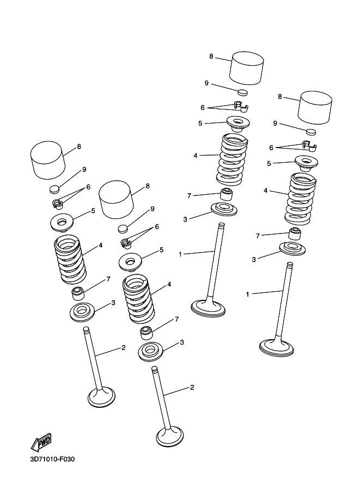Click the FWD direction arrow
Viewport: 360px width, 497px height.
click(41, 441)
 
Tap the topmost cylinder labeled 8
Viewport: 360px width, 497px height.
click(247, 68)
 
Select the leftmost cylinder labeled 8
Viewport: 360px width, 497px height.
click(48, 160)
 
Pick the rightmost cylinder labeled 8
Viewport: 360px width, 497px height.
click(315, 108)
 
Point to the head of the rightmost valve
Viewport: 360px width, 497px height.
click(276, 348)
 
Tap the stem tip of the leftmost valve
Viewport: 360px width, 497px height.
click(86, 330)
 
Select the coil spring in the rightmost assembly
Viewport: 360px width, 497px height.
click(300, 199)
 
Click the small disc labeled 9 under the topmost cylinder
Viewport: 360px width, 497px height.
click(243, 92)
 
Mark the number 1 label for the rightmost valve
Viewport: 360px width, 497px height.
click(247, 294)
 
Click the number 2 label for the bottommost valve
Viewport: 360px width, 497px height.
click(192, 387)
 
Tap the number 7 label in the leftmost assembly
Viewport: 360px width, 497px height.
click(108, 279)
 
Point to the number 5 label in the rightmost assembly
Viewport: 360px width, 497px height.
click(269, 163)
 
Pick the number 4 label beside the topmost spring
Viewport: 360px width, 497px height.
click(196, 156)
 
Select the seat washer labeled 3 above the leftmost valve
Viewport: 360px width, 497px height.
click(82, 312)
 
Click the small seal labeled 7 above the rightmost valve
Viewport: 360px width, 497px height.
click(295, 234)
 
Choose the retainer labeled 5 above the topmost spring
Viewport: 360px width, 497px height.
click(238, 124)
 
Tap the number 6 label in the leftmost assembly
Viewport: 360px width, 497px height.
click(88, 187)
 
